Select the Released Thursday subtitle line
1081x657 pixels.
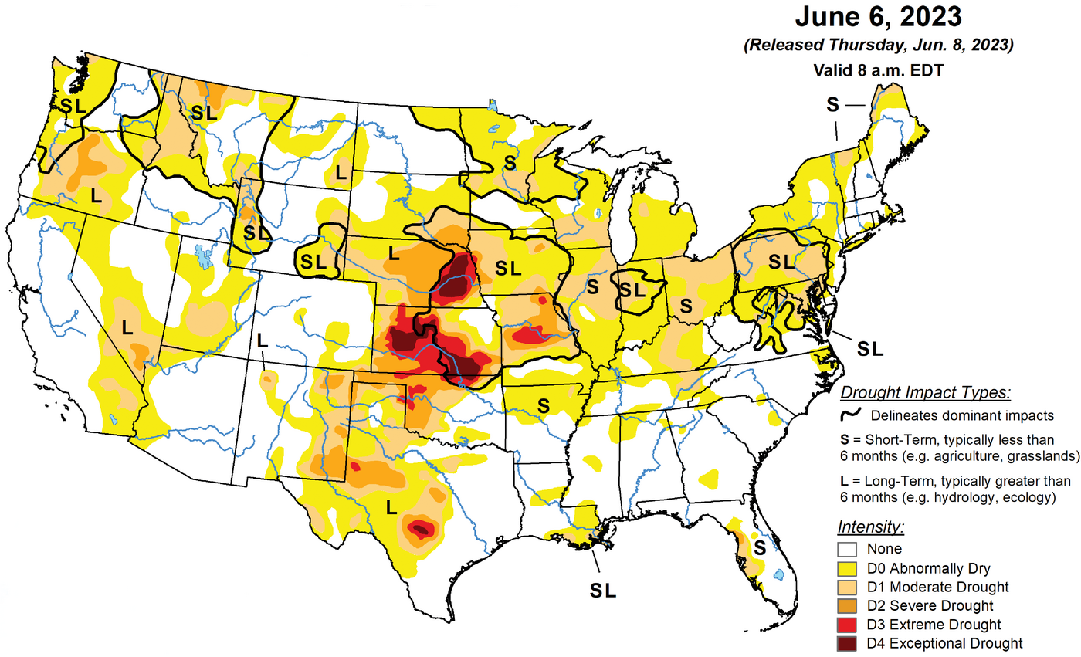(878, 46)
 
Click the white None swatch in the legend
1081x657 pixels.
(847, 550)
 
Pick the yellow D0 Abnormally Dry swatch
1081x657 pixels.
(847, 569)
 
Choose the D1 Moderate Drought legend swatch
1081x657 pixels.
(847, 588)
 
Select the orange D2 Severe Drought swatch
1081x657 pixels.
(847, 606)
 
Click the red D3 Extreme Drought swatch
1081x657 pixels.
(847, 625)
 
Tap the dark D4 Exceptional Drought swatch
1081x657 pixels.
(847, 643)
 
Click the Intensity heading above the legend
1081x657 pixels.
(869, 527)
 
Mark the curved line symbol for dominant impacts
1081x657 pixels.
(852, 415)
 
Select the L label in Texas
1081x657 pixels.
(391, 507)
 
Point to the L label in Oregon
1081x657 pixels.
(96, 195)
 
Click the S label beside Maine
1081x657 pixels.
(832, 103)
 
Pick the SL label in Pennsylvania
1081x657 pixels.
(780, 262)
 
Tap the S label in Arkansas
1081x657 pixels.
(544, 404)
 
